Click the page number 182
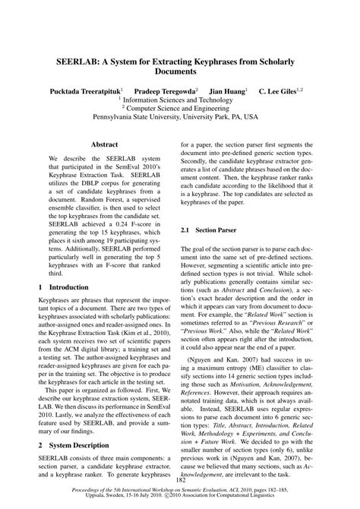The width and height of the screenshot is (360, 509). [x=180, y=480]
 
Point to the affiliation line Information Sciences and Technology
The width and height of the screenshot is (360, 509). [x=182, y=99]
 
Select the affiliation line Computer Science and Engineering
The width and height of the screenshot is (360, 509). [x=182, y=108]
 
